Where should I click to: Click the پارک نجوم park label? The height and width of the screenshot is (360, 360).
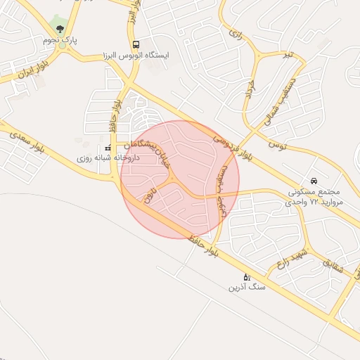(59, 41)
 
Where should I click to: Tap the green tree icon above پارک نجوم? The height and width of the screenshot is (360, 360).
(60, 29)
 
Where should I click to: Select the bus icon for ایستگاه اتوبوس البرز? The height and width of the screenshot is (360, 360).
(136, 43)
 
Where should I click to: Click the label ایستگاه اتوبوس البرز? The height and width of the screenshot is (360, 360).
(135, 54)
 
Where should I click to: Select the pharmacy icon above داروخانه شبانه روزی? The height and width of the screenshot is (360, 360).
(108, 148)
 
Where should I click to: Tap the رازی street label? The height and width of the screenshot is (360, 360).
(235, 34)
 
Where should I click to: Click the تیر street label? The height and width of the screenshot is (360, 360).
(285, 53)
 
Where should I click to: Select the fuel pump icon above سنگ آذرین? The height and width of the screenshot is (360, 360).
(245, 276)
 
